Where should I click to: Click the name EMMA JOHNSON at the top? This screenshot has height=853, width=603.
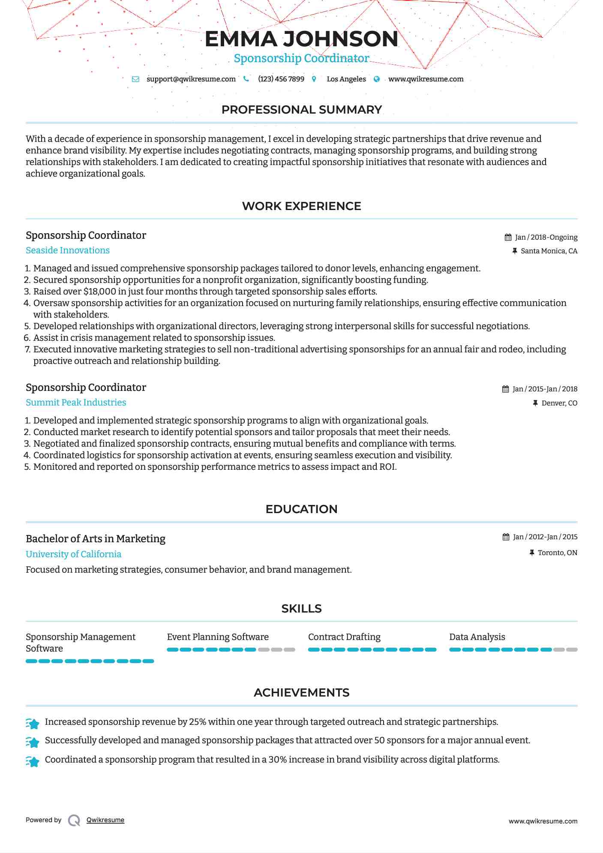pos(301,39)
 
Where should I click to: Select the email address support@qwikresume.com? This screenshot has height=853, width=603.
pos(191,79)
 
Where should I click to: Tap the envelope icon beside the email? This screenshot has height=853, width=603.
pos(135,79)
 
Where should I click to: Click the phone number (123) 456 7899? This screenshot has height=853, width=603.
pos(281,79)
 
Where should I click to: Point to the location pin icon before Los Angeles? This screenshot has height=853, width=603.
pos(314,79)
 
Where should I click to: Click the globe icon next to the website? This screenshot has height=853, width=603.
pos(377,79)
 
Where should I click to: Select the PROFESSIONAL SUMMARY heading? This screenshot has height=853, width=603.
pos(301,110)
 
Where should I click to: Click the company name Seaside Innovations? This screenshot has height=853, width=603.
pos(68,250)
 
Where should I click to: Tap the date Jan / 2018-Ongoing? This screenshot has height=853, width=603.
pos(546,237)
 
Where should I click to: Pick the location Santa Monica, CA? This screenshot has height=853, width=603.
pos(549,251)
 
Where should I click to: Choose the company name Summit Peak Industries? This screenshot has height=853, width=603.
pos(76,402)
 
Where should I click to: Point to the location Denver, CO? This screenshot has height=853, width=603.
pos(559,403)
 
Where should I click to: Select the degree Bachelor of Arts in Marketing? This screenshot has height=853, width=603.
pos(96,539)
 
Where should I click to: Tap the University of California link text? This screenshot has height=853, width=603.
pos(73,554)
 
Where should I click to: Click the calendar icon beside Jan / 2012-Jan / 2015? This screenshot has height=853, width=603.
pos(506,537)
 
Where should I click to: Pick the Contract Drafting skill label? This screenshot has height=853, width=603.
pos(344,637)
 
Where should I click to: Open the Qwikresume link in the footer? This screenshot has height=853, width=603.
pos(105,820)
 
